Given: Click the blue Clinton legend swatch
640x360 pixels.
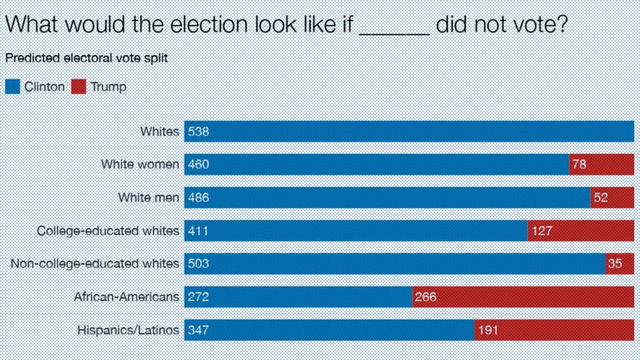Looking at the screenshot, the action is click(13, 87).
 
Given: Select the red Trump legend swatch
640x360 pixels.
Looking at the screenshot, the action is click(78, 87).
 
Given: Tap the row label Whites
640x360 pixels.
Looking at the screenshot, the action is click(160, 131).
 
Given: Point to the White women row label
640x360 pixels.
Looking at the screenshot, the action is click(140, 164).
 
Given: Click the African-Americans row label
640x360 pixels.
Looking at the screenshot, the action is click(126, 297).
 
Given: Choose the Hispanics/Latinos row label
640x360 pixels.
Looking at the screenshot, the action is click(128, 330).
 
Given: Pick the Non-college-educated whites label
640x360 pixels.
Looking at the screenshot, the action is click(94, 264).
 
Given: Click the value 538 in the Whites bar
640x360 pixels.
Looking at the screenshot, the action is click(199, 131).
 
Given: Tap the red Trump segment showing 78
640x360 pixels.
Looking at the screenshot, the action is click(602, 164).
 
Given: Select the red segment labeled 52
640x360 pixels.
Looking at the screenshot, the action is click(612, 197).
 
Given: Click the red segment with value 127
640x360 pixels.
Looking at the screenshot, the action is click(581, 231).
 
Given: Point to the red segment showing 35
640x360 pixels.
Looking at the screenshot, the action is click(619, 264).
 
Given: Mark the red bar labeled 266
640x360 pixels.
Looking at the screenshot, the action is click(524, 297).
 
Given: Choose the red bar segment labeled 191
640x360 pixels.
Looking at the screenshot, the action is click(555, 330).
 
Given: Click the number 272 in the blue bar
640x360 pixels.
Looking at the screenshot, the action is click(199, 297).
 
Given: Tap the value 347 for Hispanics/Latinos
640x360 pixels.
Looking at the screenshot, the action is click(199, 330).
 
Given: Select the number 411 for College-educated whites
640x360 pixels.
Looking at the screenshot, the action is click(199, 231).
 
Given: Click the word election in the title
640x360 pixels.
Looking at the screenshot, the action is click(208, 24).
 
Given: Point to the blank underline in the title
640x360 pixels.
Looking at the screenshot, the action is click(394, 34).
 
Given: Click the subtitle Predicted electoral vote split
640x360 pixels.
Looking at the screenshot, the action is click(87, 58).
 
